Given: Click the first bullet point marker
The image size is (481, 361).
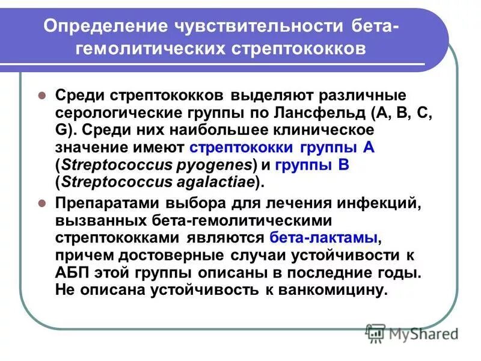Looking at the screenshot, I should pyautogui.click(x=42, y=96).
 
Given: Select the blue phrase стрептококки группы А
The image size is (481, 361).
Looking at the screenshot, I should pyautogui.click(x=282, y=148).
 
